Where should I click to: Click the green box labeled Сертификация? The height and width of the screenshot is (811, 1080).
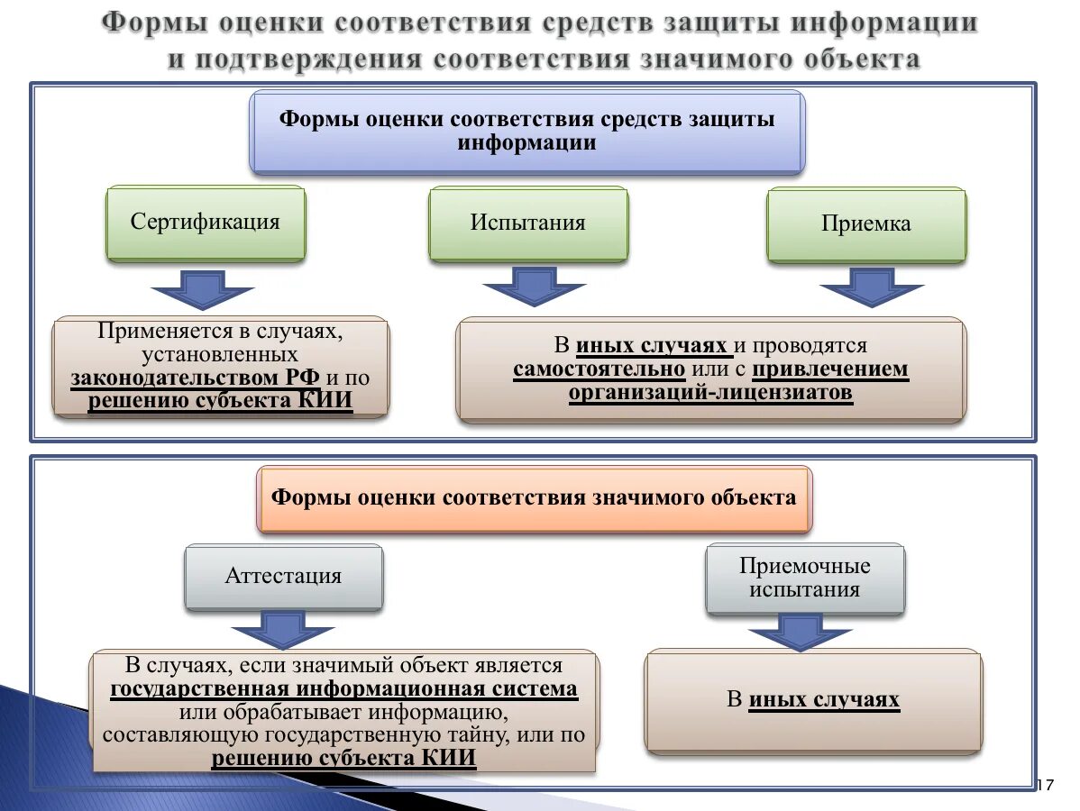click(x=206, y=223)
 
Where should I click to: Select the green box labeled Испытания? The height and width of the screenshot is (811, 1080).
click(x=527, y=223)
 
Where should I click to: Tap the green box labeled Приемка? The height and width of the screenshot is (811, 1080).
click(x=865, y=224)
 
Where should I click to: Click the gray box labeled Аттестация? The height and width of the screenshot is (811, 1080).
click(x=283, y=577)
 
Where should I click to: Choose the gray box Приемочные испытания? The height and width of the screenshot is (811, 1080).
click(x=805, y=579)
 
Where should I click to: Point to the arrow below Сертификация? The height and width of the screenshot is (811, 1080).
click(x=202, y=289)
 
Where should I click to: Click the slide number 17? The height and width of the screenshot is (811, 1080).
click(x=1046, y=785)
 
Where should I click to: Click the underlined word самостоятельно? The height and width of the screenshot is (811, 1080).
click(x=599, y=369)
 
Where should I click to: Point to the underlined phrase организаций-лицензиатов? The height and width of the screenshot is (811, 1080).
click(x=710, y=393)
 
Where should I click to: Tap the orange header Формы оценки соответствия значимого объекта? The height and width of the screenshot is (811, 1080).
click(x=534, y=497)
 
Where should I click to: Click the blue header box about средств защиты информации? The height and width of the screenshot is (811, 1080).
click(x=526, y=131)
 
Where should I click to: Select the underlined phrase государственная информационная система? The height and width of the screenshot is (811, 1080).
click(x=343, y=689)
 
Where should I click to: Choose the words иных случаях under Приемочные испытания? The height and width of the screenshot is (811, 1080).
click(x=824, y=700)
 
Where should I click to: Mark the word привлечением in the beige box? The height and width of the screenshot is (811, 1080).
click(x=830, y=369)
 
